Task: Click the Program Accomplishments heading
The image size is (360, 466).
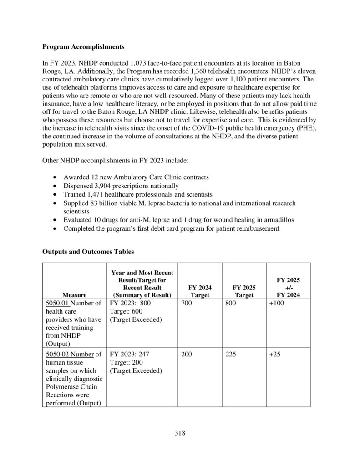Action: pyautogui.click(x=83, y=46)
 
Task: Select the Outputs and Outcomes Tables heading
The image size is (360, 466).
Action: pyautogui.click(x=88, y=251)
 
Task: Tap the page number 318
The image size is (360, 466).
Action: pyautogui.click(x=180, y=433)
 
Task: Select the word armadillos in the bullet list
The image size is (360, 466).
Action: pyautogui.click(x=279, y=219)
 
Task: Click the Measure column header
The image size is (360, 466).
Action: pyautogui.click(x=74, y=295)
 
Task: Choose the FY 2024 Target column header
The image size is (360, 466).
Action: pyautogui.click(x=199, y=291)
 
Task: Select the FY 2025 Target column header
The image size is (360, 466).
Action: pyautogui.click(x=244, y=291)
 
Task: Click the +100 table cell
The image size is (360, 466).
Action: pyautogui.click(x=276, y=303)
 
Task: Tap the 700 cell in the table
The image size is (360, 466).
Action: pyautogui.click(x=186, y=303)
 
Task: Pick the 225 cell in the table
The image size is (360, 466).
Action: pyautogui.click(x=231, y=354)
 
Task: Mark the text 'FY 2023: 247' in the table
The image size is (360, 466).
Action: pyautogui.click(x=130, y=354)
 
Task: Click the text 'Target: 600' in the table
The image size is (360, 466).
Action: pyautogui.click(x=126, y=311)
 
